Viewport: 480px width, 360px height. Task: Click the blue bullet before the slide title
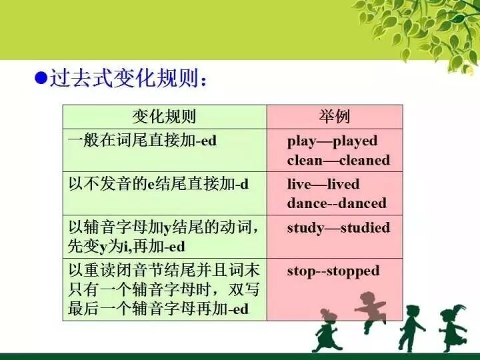pyautogui.click(x=39, y=79)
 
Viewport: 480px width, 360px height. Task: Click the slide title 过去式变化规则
pyautogui.click(x=127, y=79)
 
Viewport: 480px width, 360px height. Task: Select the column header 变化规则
pyautogui.click(x=164, y=117)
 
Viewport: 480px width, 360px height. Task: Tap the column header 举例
pyautogui.click(x=335, y=117)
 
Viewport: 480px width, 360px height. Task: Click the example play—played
pyautogui.click(x=332, y=141)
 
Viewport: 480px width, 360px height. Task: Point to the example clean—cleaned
pyautogui.click(x=338, y=160)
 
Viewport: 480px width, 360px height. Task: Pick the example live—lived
pyautogui.click(x=323, y=184)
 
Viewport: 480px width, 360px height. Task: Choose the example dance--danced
pyautogui.click(x=337, y=203)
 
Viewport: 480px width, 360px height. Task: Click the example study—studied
pyautogui.click(x=338, y=227)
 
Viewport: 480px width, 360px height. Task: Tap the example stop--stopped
pyautogui.click(x=333, y=271)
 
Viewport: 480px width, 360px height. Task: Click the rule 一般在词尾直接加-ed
pyautogui.click(x=143, y=141)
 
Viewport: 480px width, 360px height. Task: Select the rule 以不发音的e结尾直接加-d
pyautogui.click(x=159, y=184)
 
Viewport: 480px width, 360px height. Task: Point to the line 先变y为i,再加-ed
pyautogui.click(x=127, y=247)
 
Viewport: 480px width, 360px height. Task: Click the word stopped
pyautogui.click(x=352, y=271)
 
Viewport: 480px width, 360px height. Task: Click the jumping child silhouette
pyautogui.click(x=371, y=309)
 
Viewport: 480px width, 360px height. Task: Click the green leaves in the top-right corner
pyautogui.click(x=427, y=27)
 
